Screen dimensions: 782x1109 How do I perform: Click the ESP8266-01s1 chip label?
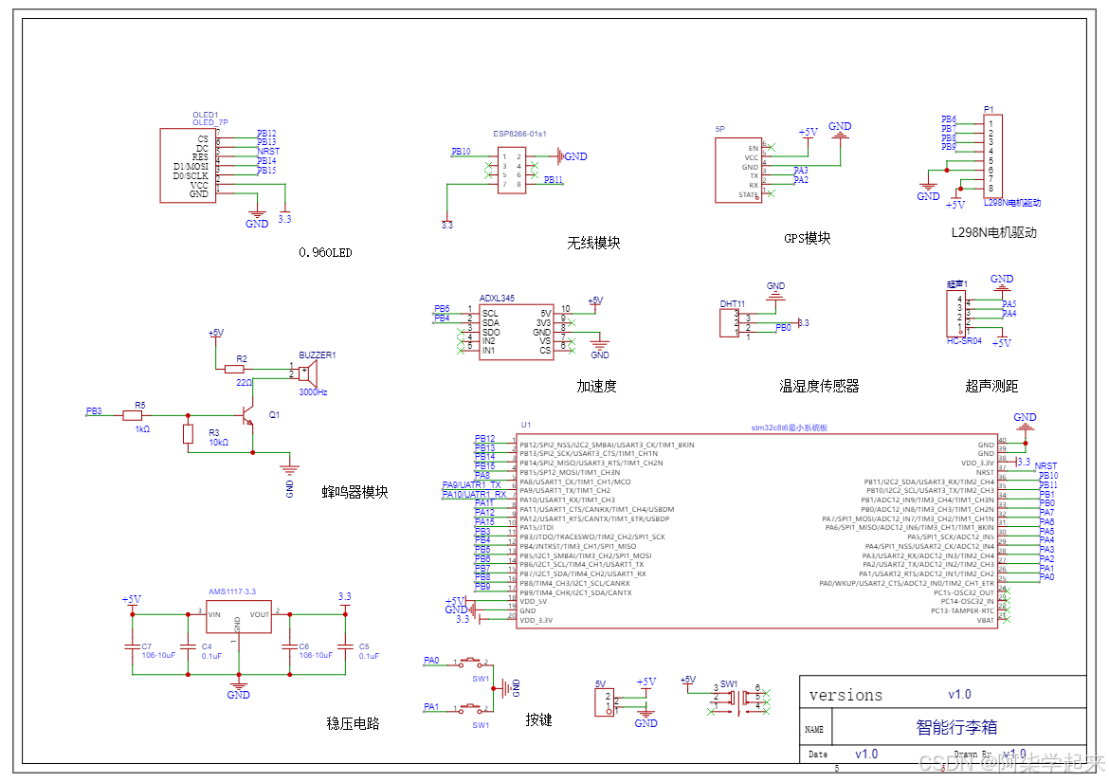(519, 135)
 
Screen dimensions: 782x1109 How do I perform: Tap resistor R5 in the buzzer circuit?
(134, 415)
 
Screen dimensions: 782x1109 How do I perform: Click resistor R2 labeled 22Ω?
(235, 369)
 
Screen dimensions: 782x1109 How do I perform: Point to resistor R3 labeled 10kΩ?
(188, 433)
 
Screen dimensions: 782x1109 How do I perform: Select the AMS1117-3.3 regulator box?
(239, 621)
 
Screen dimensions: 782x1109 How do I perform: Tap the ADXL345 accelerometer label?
(497, 299)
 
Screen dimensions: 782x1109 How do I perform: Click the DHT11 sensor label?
(732, 304)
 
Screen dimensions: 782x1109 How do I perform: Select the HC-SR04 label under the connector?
(964, 340)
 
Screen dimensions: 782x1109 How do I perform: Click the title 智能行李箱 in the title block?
(956, 727)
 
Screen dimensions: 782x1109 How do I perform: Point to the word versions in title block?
(845, 696)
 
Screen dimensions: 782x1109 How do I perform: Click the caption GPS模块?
(807, 239)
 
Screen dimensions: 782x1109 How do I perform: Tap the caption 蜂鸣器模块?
(355, 492)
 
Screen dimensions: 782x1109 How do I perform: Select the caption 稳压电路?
(353, 723)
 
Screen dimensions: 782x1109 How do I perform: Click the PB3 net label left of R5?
(93, 411)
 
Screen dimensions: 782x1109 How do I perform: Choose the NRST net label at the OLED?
(268, 152)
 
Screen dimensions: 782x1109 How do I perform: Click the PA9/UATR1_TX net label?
(471, 484)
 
